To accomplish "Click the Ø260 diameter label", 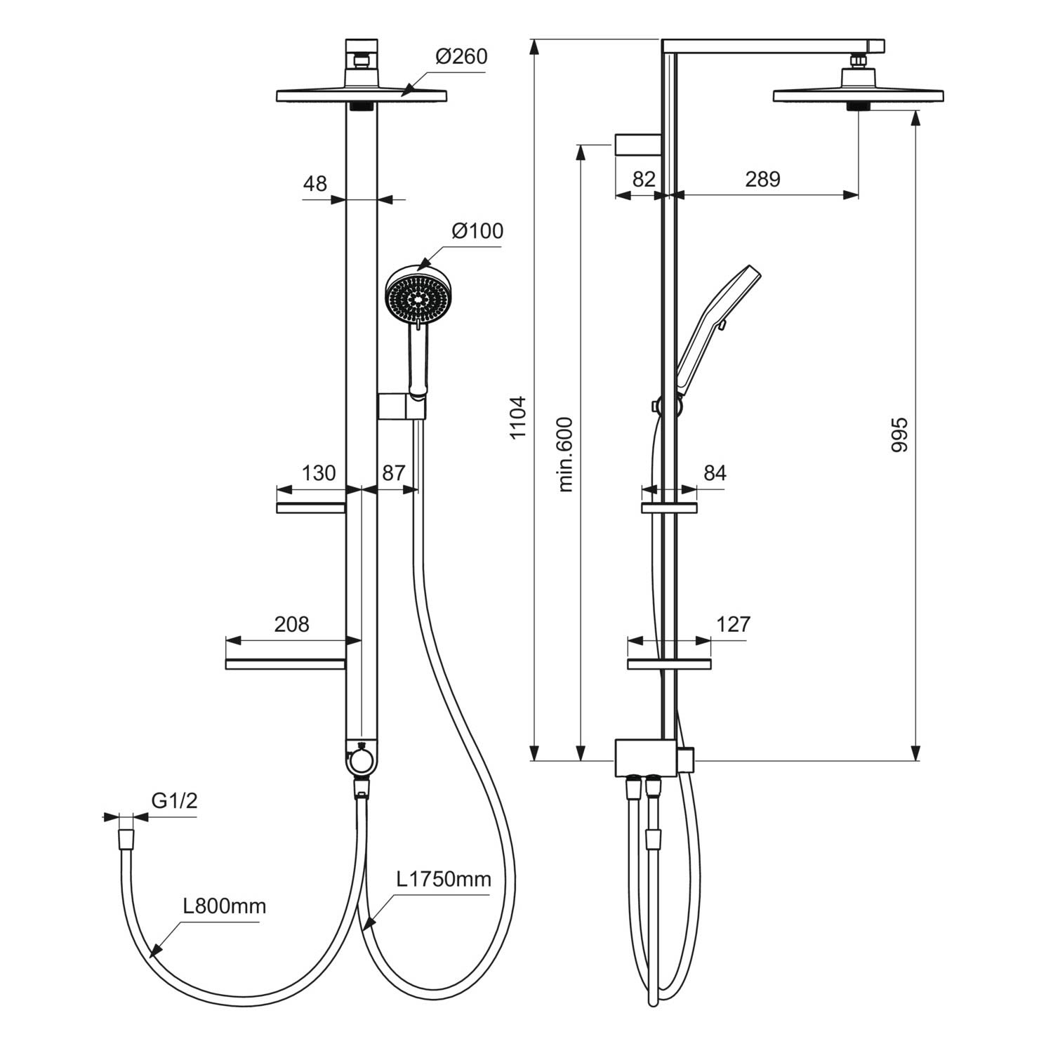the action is coord(461,56).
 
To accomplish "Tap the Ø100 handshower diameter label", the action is coord(477,230).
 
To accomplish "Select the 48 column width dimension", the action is coord(315,183).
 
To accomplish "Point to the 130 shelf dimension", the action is coord(319,473).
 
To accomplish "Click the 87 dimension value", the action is coord(393,473).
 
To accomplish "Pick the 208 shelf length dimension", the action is coord(291,623).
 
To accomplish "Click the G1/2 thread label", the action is coord(174,800).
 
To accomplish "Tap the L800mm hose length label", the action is coord(225,906).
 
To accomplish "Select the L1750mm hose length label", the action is coord(444,879).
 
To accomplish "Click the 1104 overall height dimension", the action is coord(517,418).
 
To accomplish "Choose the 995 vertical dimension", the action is coord(899,435).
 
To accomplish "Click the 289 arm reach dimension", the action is coord(762,179).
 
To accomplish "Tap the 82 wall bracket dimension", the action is coord(644,179).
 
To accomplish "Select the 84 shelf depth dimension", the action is coord(714,473).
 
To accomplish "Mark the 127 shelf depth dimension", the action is coord(734,623).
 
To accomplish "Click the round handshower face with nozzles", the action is coord(418,298).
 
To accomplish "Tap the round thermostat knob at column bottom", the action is coord(361,760).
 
